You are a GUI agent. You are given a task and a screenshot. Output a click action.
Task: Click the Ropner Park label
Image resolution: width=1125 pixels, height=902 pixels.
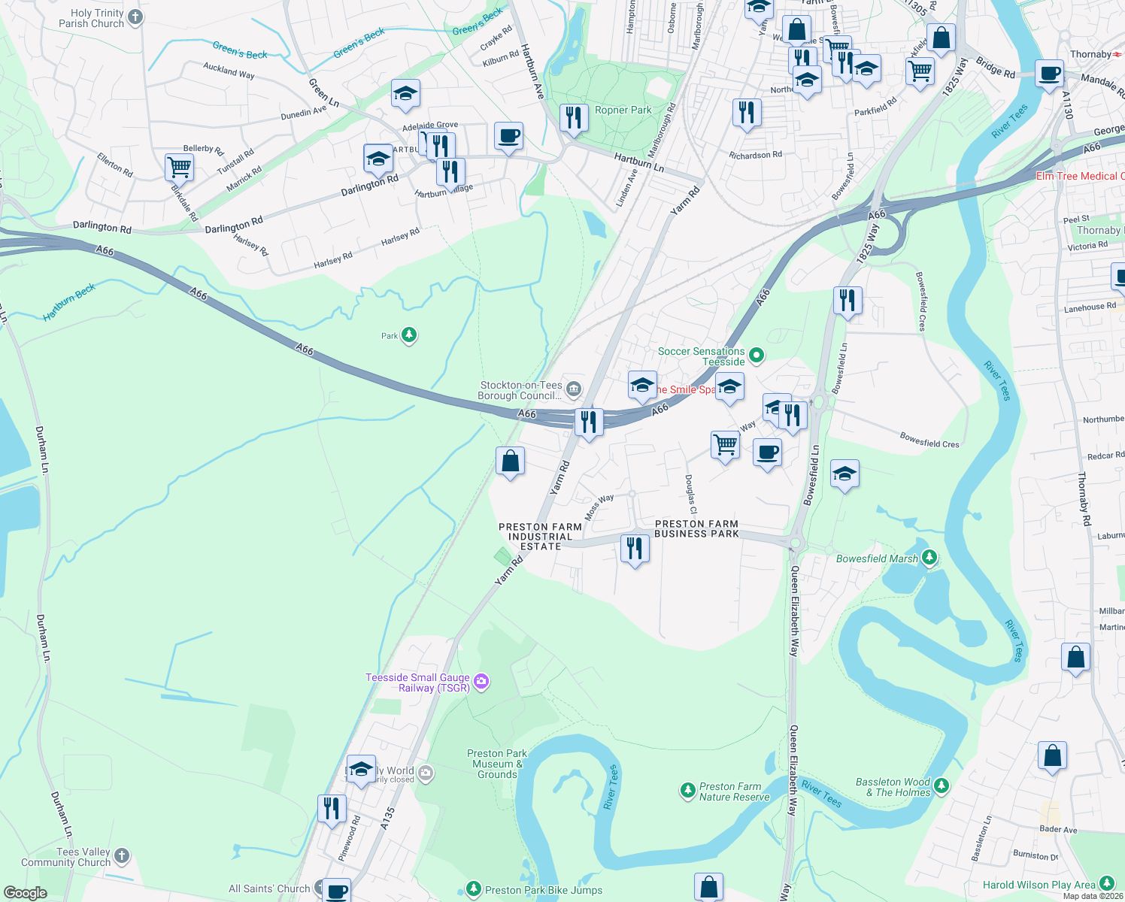click(623, 110)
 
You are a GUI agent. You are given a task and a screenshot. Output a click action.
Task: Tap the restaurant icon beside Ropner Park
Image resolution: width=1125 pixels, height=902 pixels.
click(574, 117)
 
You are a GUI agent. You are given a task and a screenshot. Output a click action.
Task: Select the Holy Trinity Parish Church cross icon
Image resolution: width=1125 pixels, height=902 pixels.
click(135, 17)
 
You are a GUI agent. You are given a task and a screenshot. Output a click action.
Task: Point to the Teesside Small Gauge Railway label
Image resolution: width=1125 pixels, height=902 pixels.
click(417, 683)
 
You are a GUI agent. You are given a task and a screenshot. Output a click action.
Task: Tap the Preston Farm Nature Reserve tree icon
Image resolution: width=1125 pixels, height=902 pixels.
click(687, 790)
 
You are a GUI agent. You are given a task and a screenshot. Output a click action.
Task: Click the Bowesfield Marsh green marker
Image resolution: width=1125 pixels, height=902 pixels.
click(930, 558)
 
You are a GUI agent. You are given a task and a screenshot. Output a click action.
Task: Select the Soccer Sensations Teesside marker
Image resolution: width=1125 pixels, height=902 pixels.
click(757, 355)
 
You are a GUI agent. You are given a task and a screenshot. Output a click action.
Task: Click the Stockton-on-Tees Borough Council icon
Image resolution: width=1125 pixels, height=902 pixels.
click(574, 389)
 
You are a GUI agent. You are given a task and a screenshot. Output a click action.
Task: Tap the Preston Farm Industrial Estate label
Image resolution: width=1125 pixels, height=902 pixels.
click(540, 537)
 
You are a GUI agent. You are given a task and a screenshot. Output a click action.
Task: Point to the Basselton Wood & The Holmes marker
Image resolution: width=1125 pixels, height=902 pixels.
click(942, 786)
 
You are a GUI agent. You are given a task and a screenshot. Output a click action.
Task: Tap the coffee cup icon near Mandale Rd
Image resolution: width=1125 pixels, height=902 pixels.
click(1050, 74)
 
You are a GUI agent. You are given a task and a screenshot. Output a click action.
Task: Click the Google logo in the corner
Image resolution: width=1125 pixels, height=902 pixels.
click(25, 892)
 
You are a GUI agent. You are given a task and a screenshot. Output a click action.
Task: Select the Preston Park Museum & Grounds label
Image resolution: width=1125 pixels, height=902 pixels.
click(496, 764)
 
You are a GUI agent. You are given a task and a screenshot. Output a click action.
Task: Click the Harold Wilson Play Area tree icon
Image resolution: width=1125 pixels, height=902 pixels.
click(1106, 883)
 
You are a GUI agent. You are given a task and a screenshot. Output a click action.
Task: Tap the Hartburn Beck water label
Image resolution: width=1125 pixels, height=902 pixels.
click(69, 301)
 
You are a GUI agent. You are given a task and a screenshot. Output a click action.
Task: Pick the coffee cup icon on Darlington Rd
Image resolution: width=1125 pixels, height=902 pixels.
click(508, 136)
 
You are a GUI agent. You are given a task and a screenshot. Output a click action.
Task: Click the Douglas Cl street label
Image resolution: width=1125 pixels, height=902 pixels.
click(690, 494)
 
